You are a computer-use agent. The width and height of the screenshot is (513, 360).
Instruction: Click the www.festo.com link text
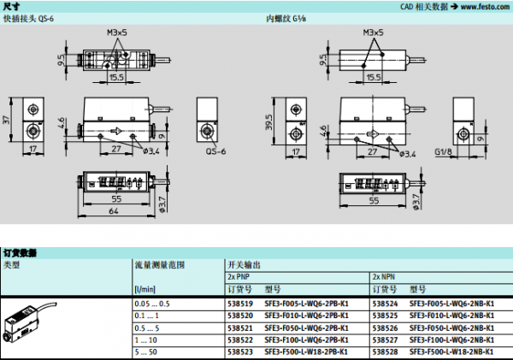pos(481,6)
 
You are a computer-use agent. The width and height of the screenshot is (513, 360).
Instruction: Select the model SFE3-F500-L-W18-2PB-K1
pos(306,351)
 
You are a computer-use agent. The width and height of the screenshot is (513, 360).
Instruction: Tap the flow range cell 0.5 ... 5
pos(147,328)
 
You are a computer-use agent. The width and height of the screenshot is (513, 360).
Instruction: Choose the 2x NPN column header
pos(383,277)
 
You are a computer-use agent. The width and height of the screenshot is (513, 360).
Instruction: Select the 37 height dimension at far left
pos(6,121)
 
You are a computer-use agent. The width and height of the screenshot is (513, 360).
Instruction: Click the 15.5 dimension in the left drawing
pos(117,76)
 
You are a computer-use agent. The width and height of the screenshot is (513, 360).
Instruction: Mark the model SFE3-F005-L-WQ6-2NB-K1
pos(451,304)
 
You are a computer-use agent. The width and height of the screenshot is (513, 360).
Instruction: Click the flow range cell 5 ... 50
pos(147,351)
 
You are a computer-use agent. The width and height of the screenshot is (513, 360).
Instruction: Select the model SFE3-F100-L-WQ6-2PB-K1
pos(306,339)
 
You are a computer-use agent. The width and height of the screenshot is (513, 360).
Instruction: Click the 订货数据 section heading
pos(21,253)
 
